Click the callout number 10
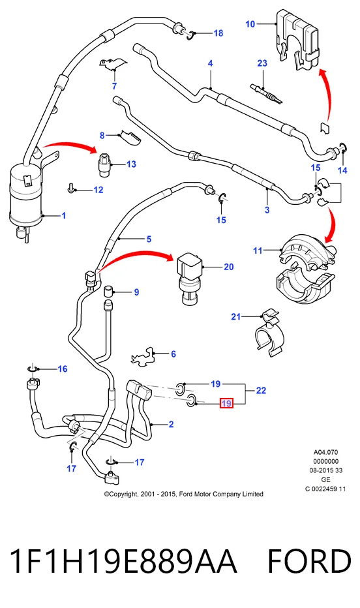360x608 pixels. (250, 24)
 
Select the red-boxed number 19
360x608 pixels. (226, 403)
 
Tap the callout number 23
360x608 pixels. (262, 63)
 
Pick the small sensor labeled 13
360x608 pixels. (104, 165)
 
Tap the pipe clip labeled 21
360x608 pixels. (271, 331)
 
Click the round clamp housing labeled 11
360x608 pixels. (305, 269)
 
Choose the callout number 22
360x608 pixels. (261, 391)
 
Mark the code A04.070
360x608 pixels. (325, 452)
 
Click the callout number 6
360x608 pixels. (173, 354)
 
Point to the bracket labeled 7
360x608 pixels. (113, 65)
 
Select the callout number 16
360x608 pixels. (63, 369)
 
